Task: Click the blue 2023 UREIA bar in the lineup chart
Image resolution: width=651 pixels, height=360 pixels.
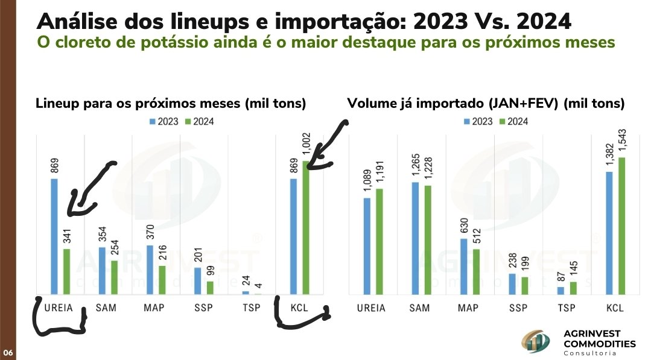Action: pyautogui.click(x=54, y=236)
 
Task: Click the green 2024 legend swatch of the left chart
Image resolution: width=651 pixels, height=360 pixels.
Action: pyautogui.click(x=186, y=121)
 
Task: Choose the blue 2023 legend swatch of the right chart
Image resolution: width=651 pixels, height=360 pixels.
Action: pyautogui.click(x=468, y=121)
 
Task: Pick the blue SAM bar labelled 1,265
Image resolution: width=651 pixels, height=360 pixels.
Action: pyautogui.click(x=416, y=238)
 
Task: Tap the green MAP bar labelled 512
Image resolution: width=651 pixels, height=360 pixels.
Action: pyautogui.click(x=477, y=271)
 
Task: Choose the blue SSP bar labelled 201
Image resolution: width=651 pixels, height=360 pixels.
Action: pyautogui.click(x=198, y=280)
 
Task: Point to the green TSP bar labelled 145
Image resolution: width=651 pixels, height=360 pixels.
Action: pyautogui.click(x=573, y=288)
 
